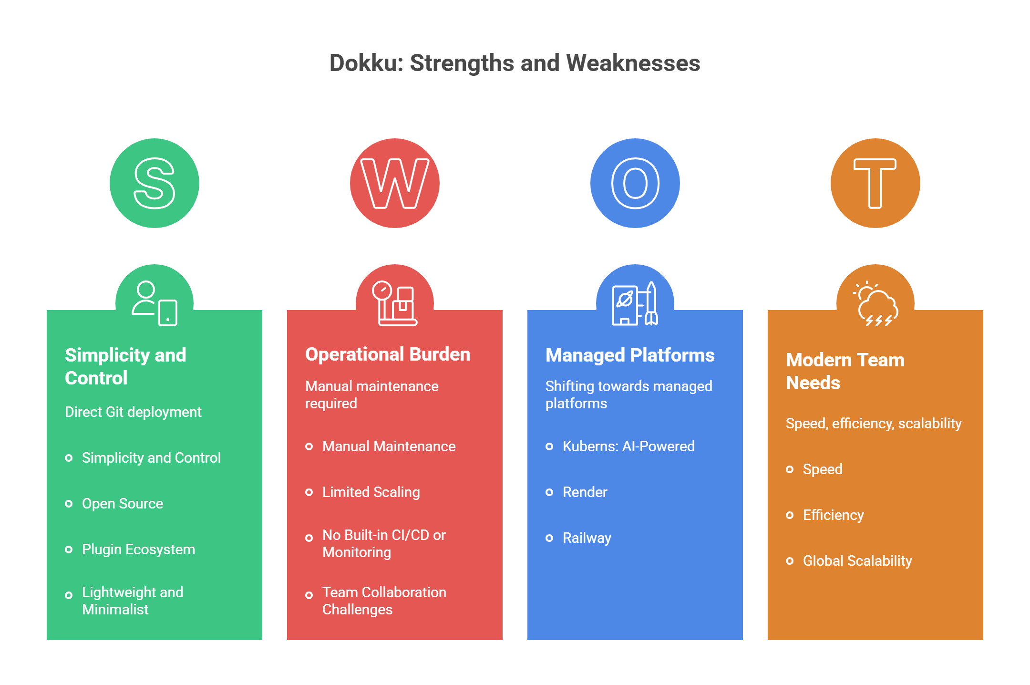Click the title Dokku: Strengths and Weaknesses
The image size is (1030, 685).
pos(515,63)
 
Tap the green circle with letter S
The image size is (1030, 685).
pos(154,183)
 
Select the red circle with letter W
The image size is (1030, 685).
pos(395,183)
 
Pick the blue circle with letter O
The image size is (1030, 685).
pos(635,183)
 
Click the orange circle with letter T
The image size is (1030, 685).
pos(875,183)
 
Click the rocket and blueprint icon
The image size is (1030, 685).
pos(635,304)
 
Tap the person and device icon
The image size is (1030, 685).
pos(154,304)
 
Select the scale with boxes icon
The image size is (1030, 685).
pos(395,304)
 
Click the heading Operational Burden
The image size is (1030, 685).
pos(388,354)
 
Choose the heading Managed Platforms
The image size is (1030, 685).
pos(630,355)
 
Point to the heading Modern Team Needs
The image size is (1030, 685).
pos(845,372)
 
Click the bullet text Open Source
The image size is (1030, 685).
pos(123,504)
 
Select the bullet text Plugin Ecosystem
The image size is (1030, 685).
pos(138,550)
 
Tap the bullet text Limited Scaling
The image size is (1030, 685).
pos(371,492)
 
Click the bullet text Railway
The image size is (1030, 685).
pos(587,538)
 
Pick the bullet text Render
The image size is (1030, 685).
pos(585,492)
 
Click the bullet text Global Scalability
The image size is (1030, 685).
pos(857,561)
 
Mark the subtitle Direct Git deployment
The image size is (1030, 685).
pos(133,412)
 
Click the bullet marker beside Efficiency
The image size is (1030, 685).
pos(790,515)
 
